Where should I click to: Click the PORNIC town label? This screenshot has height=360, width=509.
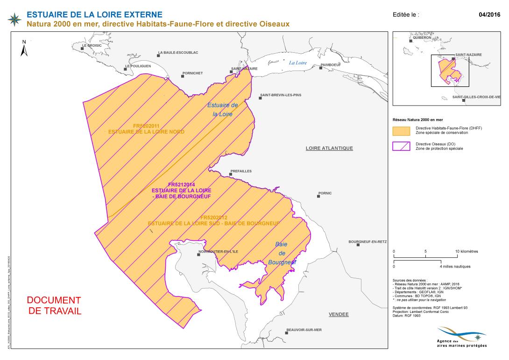click(325, 193)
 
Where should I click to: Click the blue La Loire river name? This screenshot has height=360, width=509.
click(297, 63)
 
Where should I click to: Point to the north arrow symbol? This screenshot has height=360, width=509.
click(24, 48)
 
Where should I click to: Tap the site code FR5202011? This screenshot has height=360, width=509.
click(146, 126)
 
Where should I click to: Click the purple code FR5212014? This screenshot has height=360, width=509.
click(181, 185)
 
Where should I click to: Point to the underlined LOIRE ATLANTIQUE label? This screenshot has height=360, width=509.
click(329, 148)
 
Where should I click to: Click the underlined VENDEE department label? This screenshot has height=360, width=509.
click(339, 314)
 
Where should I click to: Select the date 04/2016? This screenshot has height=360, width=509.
click(489, 14)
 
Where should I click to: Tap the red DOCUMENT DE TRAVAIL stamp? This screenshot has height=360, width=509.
click(54, 305)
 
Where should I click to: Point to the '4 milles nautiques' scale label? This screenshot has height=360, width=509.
click(455, 267)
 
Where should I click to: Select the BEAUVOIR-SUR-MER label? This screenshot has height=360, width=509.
click(304, 330)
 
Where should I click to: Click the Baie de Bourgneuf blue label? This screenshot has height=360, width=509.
click(282, 254)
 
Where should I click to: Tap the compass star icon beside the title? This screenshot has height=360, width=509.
click(15, 19)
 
